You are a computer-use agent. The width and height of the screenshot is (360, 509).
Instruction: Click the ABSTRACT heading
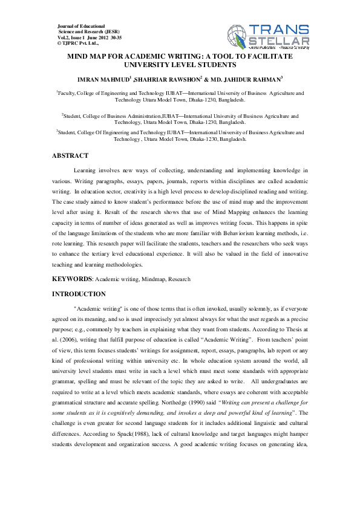click(70, 156)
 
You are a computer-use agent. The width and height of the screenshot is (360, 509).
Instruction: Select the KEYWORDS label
click(71, 279)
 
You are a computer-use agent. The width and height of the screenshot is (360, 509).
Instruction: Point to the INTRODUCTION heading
click(79, 294)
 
